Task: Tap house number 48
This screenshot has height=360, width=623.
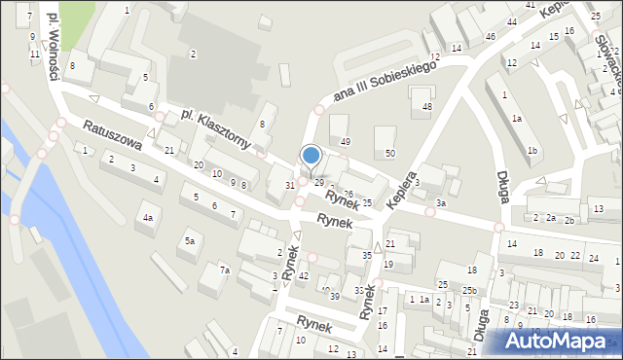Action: (x=426, y=105)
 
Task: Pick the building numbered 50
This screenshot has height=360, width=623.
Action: (x=389, y=153)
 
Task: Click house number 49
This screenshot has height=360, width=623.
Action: (x=345, y=142)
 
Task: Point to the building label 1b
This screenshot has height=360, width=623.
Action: (x=531, y=151)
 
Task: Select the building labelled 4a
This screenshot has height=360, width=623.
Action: (x=148, y=218)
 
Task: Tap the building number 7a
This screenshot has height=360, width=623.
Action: (x=224, y=270)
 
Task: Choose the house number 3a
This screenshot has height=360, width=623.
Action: (x=441, y=203)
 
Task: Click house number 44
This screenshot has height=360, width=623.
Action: (x=511, y=21)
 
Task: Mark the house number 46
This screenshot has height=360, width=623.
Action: (x=490, y=37)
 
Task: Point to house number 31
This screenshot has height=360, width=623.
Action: (x=289, y=185)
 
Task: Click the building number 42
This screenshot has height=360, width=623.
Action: (x=304, y=276)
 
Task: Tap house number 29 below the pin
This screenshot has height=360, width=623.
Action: (x=318, y=183)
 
